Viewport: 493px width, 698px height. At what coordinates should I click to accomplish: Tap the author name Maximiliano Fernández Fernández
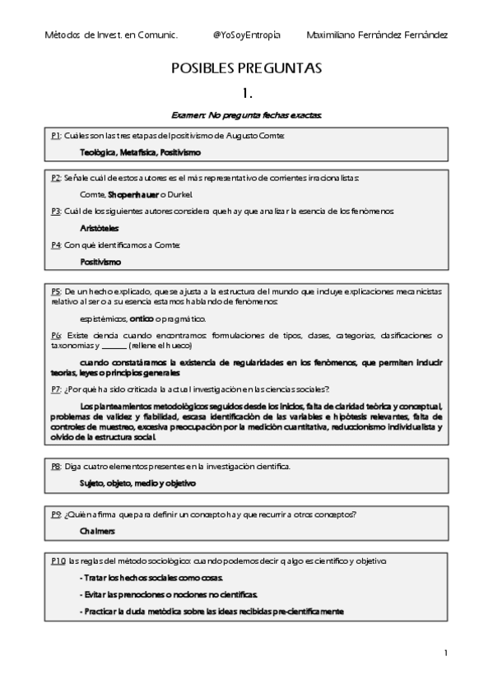pyautogui.click(x=377, y=35)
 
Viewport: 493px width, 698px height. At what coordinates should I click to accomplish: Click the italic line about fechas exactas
pyautogui.click(x=246, y=115)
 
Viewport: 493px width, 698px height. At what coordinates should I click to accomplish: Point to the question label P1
pyautogui.click(x=55, y=135)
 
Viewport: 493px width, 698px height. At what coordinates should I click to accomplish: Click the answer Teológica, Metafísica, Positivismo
pyautogui.click(x=141, y=152)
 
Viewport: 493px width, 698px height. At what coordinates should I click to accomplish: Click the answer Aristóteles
pyautogui.click(x=99, y=228)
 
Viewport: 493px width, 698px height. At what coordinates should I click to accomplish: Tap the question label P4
pyautogui.click(x=55, y=245)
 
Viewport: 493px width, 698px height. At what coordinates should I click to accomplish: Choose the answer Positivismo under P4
pyautogui.click(x=100, y=262)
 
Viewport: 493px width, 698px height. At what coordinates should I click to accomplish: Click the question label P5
pyautogui.click(x=55, y=291)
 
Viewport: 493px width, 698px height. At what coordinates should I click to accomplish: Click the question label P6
pyautogui.click(x=55, y=335)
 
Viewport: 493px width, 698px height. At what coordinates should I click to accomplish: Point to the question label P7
pyautogui.click(x=55, y=389)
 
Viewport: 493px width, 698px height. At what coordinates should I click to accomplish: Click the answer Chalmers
pyautogui.click(x=97, y=531)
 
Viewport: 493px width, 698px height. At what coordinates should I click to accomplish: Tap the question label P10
pyautogui.click(x=58, y=561)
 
